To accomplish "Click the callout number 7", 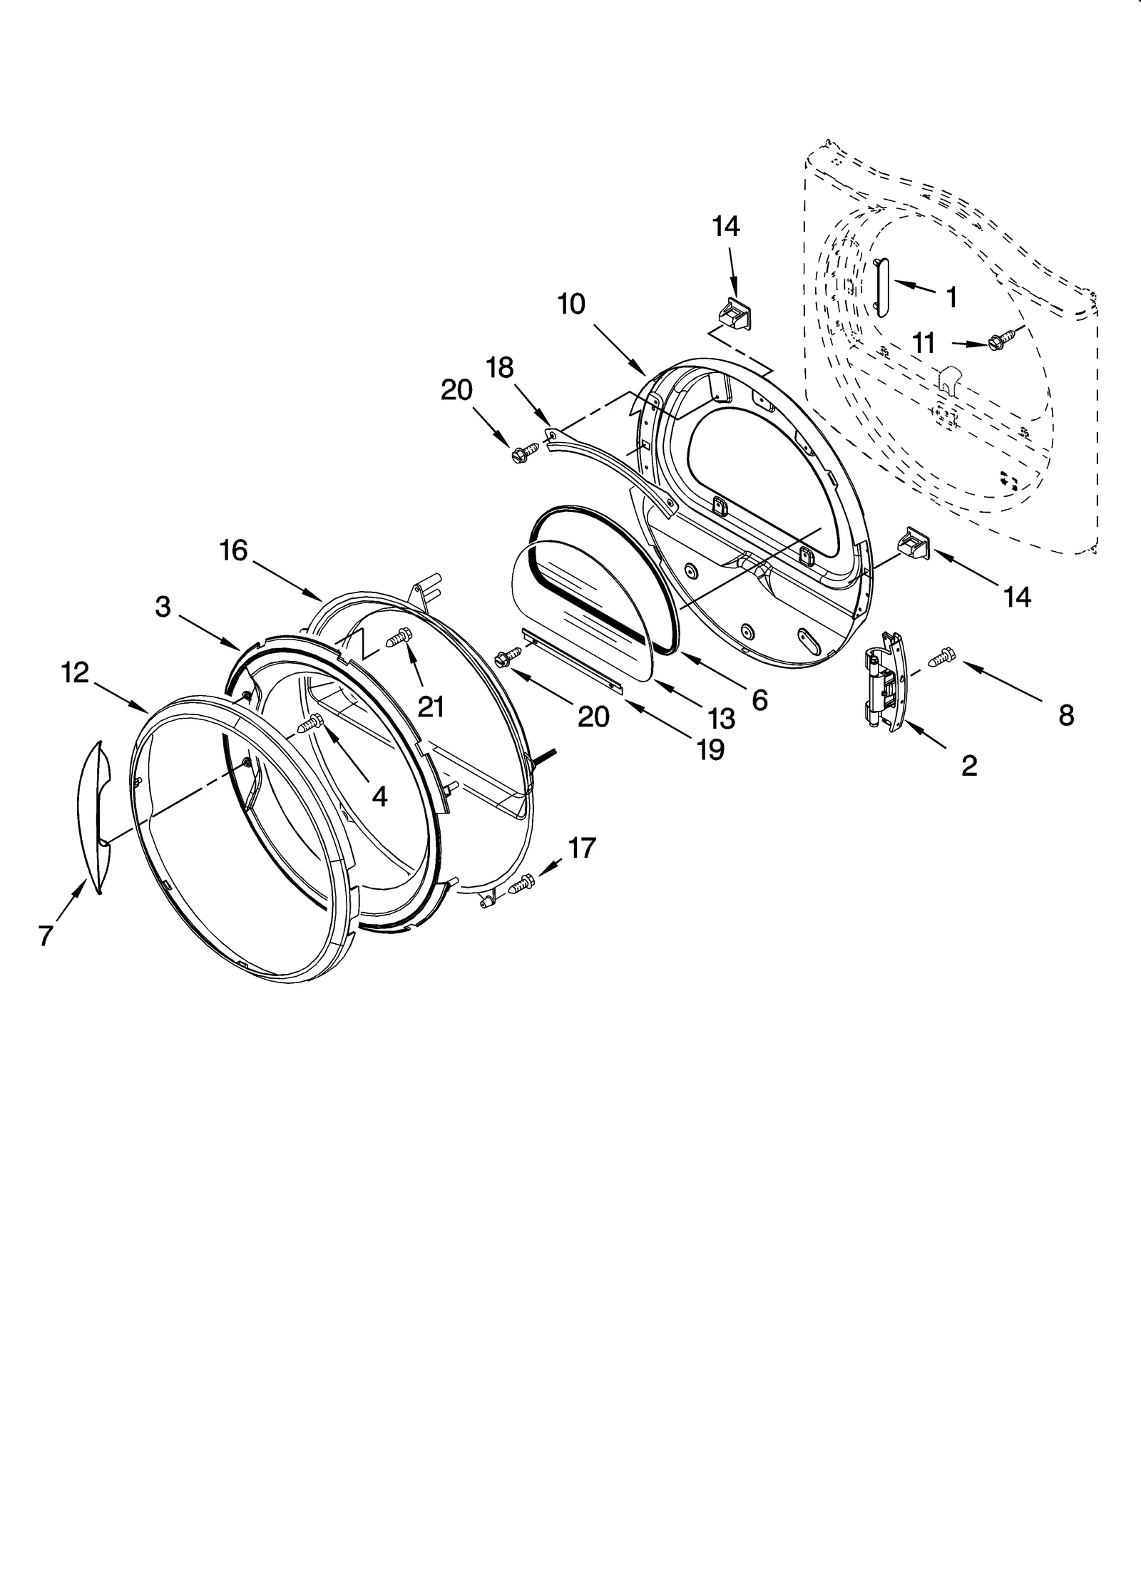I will [46, 935].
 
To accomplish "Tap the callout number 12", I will [75, 672].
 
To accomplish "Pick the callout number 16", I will [233, 550].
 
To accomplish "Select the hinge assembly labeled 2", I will [884, 681].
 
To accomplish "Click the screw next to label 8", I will [941, 655].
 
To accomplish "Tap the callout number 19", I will [710, 749].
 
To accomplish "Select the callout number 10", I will [571, 304].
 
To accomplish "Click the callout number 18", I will [499, 368].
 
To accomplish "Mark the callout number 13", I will [721, 718].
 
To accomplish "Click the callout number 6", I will [759, 701].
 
